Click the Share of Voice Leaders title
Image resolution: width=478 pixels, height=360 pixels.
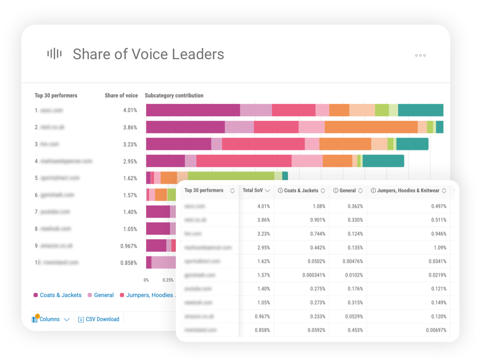click(x=148, y=54)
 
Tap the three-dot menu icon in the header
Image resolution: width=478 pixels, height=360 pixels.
click(x=420, y=55)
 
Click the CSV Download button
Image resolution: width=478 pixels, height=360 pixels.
click(x=99, y=319)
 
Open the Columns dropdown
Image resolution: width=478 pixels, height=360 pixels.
click(x=51, y=319)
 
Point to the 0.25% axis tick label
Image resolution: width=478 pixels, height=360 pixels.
click(x=168, y=280)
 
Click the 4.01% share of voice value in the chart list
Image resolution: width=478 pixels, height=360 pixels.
click(x=130, y=111)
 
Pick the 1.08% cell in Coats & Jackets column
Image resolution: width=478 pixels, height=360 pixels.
click(x=319, y=206)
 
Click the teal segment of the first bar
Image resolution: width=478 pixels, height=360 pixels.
click(x=421, y=110)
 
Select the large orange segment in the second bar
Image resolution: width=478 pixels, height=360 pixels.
click(x=371, y=127)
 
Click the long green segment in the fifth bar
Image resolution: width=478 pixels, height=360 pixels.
click(x=231, y=176)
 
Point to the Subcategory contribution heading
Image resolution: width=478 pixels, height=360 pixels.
click(x=174, y=95)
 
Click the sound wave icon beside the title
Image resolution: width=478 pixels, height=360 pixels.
click(x=54, y=54)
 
